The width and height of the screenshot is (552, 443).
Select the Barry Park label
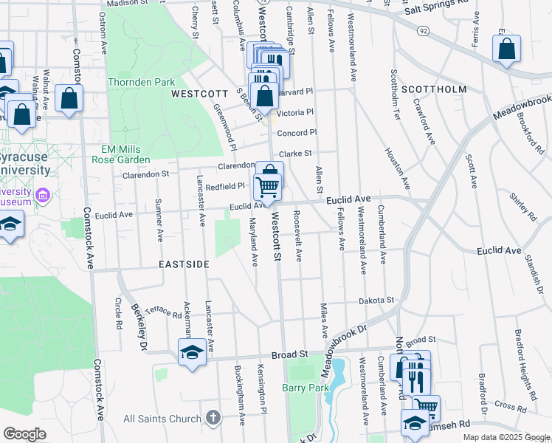click(303, 387)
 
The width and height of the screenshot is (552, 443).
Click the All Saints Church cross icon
click(213, 419)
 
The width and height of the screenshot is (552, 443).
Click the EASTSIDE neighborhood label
click(184, 264)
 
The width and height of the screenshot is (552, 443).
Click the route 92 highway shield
click(422, 32)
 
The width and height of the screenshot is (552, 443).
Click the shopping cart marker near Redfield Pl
click(268, 187)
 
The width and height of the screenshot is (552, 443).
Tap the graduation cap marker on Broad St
click(192, 351)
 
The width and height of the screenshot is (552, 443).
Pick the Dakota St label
click(377, 301)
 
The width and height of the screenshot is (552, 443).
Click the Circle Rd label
click(118, 314)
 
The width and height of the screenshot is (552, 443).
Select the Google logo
click(24, 434)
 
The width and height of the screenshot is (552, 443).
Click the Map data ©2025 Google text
click(506, 437)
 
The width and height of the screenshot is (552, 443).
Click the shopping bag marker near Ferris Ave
click(507, 51)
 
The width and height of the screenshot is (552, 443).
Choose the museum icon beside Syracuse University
click(43, 195)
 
